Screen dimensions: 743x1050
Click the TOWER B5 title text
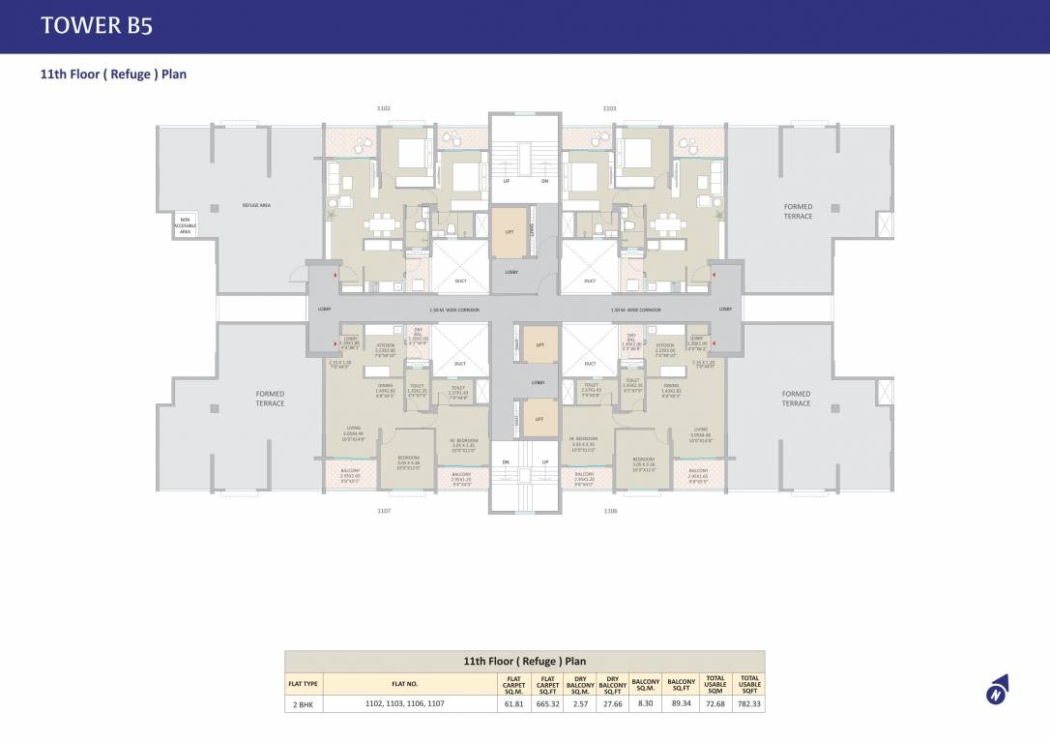96,26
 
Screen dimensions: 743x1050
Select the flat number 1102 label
384,108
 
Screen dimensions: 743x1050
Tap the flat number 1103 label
609,108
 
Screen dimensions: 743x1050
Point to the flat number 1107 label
384,510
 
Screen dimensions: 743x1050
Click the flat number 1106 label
610,510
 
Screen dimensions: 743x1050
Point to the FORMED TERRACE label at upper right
798,211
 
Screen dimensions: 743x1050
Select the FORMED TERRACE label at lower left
270,398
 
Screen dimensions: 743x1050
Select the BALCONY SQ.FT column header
681,683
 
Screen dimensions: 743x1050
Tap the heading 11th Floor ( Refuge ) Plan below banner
112,74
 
